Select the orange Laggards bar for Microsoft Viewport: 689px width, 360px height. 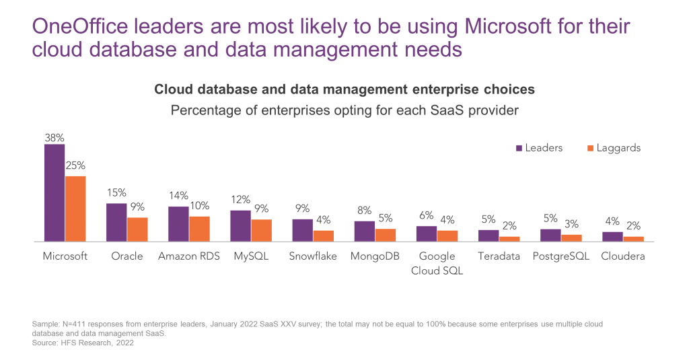75,209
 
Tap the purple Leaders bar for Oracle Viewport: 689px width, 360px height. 116,222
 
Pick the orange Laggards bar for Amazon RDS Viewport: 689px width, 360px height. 199,229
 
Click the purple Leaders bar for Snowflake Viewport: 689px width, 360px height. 302,230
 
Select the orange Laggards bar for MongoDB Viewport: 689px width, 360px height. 385,235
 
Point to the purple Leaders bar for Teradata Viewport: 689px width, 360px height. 488,236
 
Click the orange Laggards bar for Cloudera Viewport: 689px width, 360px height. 633,239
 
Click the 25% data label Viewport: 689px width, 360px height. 75,166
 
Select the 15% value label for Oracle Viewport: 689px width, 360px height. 116,194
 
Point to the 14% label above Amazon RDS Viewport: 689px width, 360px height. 178,196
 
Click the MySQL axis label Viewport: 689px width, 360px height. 250,256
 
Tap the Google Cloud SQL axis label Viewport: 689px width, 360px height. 437,263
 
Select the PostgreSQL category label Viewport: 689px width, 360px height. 560,256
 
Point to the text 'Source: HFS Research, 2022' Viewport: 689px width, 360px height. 83,343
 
